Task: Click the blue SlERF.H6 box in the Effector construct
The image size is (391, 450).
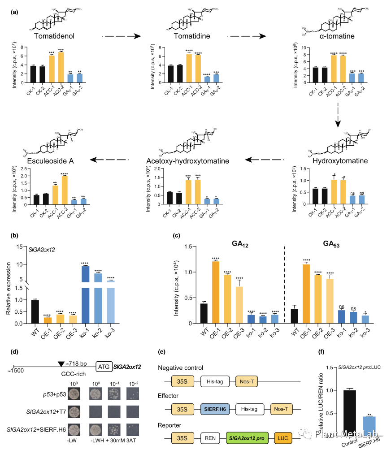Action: [x=214, y=409]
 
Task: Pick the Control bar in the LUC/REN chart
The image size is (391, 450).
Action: [x=349, y=410]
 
